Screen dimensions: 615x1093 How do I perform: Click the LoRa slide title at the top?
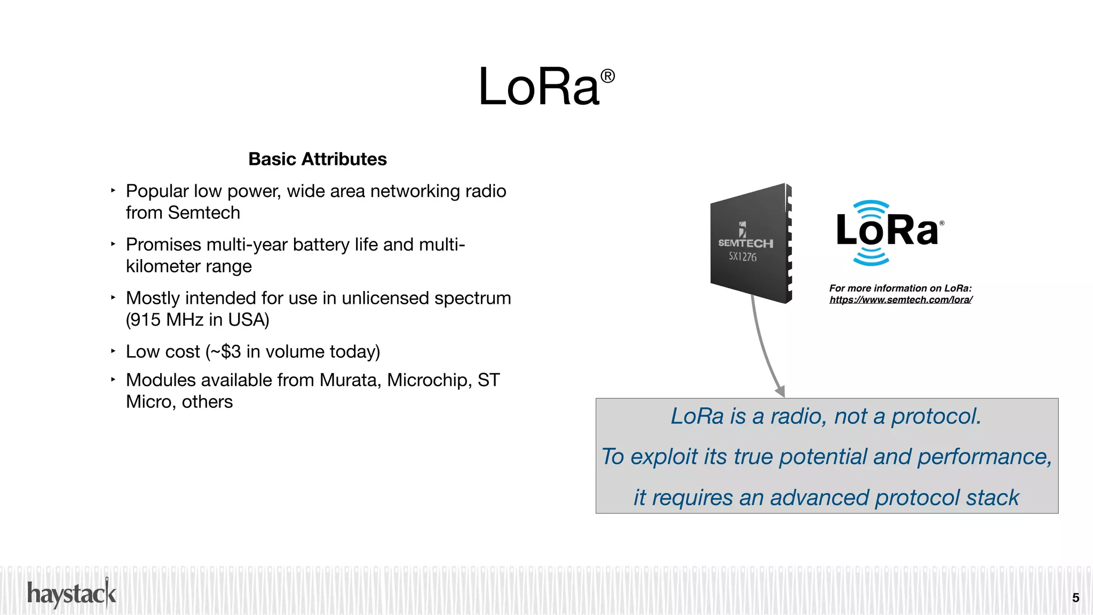click(539, 87)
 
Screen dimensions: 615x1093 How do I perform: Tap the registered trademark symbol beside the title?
click(607, 76)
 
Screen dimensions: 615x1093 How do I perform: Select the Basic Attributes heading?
click(318, 159)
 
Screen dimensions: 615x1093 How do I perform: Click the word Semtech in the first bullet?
click(204, 212)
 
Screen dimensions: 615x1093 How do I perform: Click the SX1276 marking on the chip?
click(742, 257)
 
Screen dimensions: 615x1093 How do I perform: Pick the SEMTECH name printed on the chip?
click(745, 243)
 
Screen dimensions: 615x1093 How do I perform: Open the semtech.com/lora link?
click(900, 300)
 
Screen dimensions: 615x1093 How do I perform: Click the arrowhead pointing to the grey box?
click(780, 391)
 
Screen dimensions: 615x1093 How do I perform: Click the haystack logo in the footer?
click(72, 594)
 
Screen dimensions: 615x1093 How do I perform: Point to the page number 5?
click(1075, 598)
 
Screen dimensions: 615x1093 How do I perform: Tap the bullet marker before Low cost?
click(113, 351)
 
